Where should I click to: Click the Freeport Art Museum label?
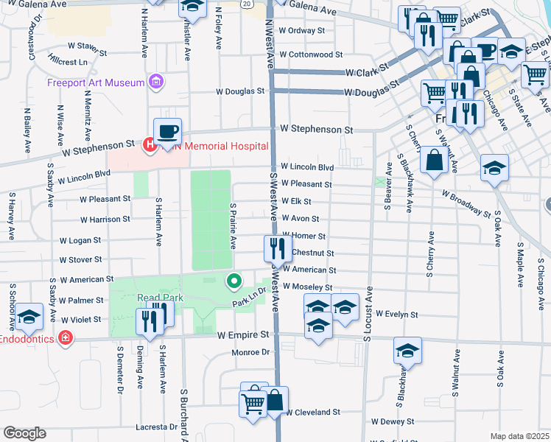click(x=96, y=82)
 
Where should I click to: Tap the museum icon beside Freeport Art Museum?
click(x=155, y=81)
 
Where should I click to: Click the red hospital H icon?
click(x=150, y=146)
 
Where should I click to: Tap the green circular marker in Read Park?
click(x=234, y=281)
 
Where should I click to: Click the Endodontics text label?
click(x=27, y=339)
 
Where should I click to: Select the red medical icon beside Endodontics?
click(x=66, y=338)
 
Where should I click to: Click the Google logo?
click(x=24, y=433)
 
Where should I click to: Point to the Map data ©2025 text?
click(x=520, y=436)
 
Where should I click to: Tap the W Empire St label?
click(x=243, y=335)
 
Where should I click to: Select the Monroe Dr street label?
click(x=252, y=353)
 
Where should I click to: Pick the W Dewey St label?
click(x=396, y=422)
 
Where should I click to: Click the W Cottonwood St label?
click(x=312, y=55)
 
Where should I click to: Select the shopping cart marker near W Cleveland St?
click(x=253, y=402)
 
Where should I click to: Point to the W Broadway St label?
click(x=466, y=203)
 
